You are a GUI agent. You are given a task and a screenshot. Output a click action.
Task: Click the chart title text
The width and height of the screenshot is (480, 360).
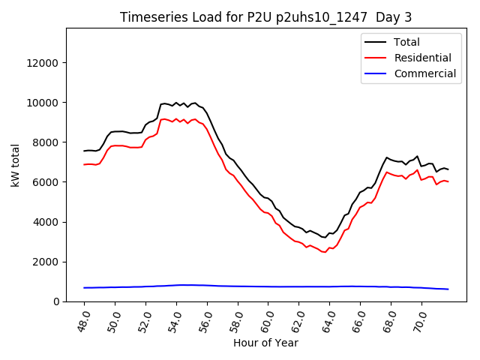pyautogui.click(x=266, y=17)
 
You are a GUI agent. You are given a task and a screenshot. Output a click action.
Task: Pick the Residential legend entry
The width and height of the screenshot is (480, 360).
pyautogui.click(x=422, y=58)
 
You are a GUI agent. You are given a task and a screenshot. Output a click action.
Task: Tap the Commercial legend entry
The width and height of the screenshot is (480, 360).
pyautogui.click(x=424, y=73)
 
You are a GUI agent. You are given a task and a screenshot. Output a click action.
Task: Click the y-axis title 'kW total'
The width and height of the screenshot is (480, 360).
pyautogui.click(x=15, y=165)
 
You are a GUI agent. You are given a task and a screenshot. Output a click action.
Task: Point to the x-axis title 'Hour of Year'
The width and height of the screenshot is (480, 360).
pyautogui.click(x=265, y=343)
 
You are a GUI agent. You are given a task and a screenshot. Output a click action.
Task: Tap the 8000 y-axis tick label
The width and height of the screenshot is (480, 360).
pyautogui.click(x=46, y=142)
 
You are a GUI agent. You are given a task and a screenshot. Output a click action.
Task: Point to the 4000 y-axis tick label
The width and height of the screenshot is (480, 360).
pyautogui.click(x=46, y=222)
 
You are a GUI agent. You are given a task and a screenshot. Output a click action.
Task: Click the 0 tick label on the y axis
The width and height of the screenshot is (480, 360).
pyautogui.click(x=57, y=301)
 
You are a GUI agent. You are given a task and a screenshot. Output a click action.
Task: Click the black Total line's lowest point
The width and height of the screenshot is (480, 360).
pyautogui.click(x=324, y=237)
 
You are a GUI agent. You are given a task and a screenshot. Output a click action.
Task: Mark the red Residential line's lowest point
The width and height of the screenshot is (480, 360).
pyautogui.click(x=324, y=252)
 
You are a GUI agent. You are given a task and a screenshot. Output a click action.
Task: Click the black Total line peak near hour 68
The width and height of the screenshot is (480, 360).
pyautogui.click(x=387, y=157)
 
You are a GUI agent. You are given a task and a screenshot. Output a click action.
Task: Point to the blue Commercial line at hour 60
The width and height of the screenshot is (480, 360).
pyautogui.click(x=269, y=286)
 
